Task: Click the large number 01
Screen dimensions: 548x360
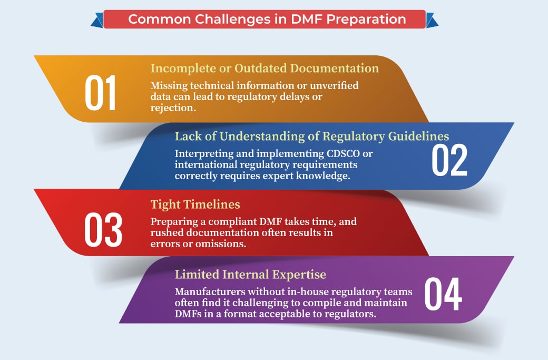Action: point(100,93)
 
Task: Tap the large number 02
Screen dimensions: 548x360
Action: point(449,160)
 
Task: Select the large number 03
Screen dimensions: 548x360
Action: point(103,230)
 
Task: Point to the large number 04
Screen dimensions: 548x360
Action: point(443,294)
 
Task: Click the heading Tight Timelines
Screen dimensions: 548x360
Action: point(195,204)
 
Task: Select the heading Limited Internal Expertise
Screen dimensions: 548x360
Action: point(250,275)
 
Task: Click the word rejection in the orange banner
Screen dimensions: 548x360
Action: point(173,108)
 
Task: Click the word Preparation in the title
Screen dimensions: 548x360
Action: point(366,19)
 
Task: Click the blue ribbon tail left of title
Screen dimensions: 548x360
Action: point(97,20)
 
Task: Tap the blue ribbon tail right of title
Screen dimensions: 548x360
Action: point(432,20)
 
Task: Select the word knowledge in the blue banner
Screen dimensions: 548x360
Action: point(324,176)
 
